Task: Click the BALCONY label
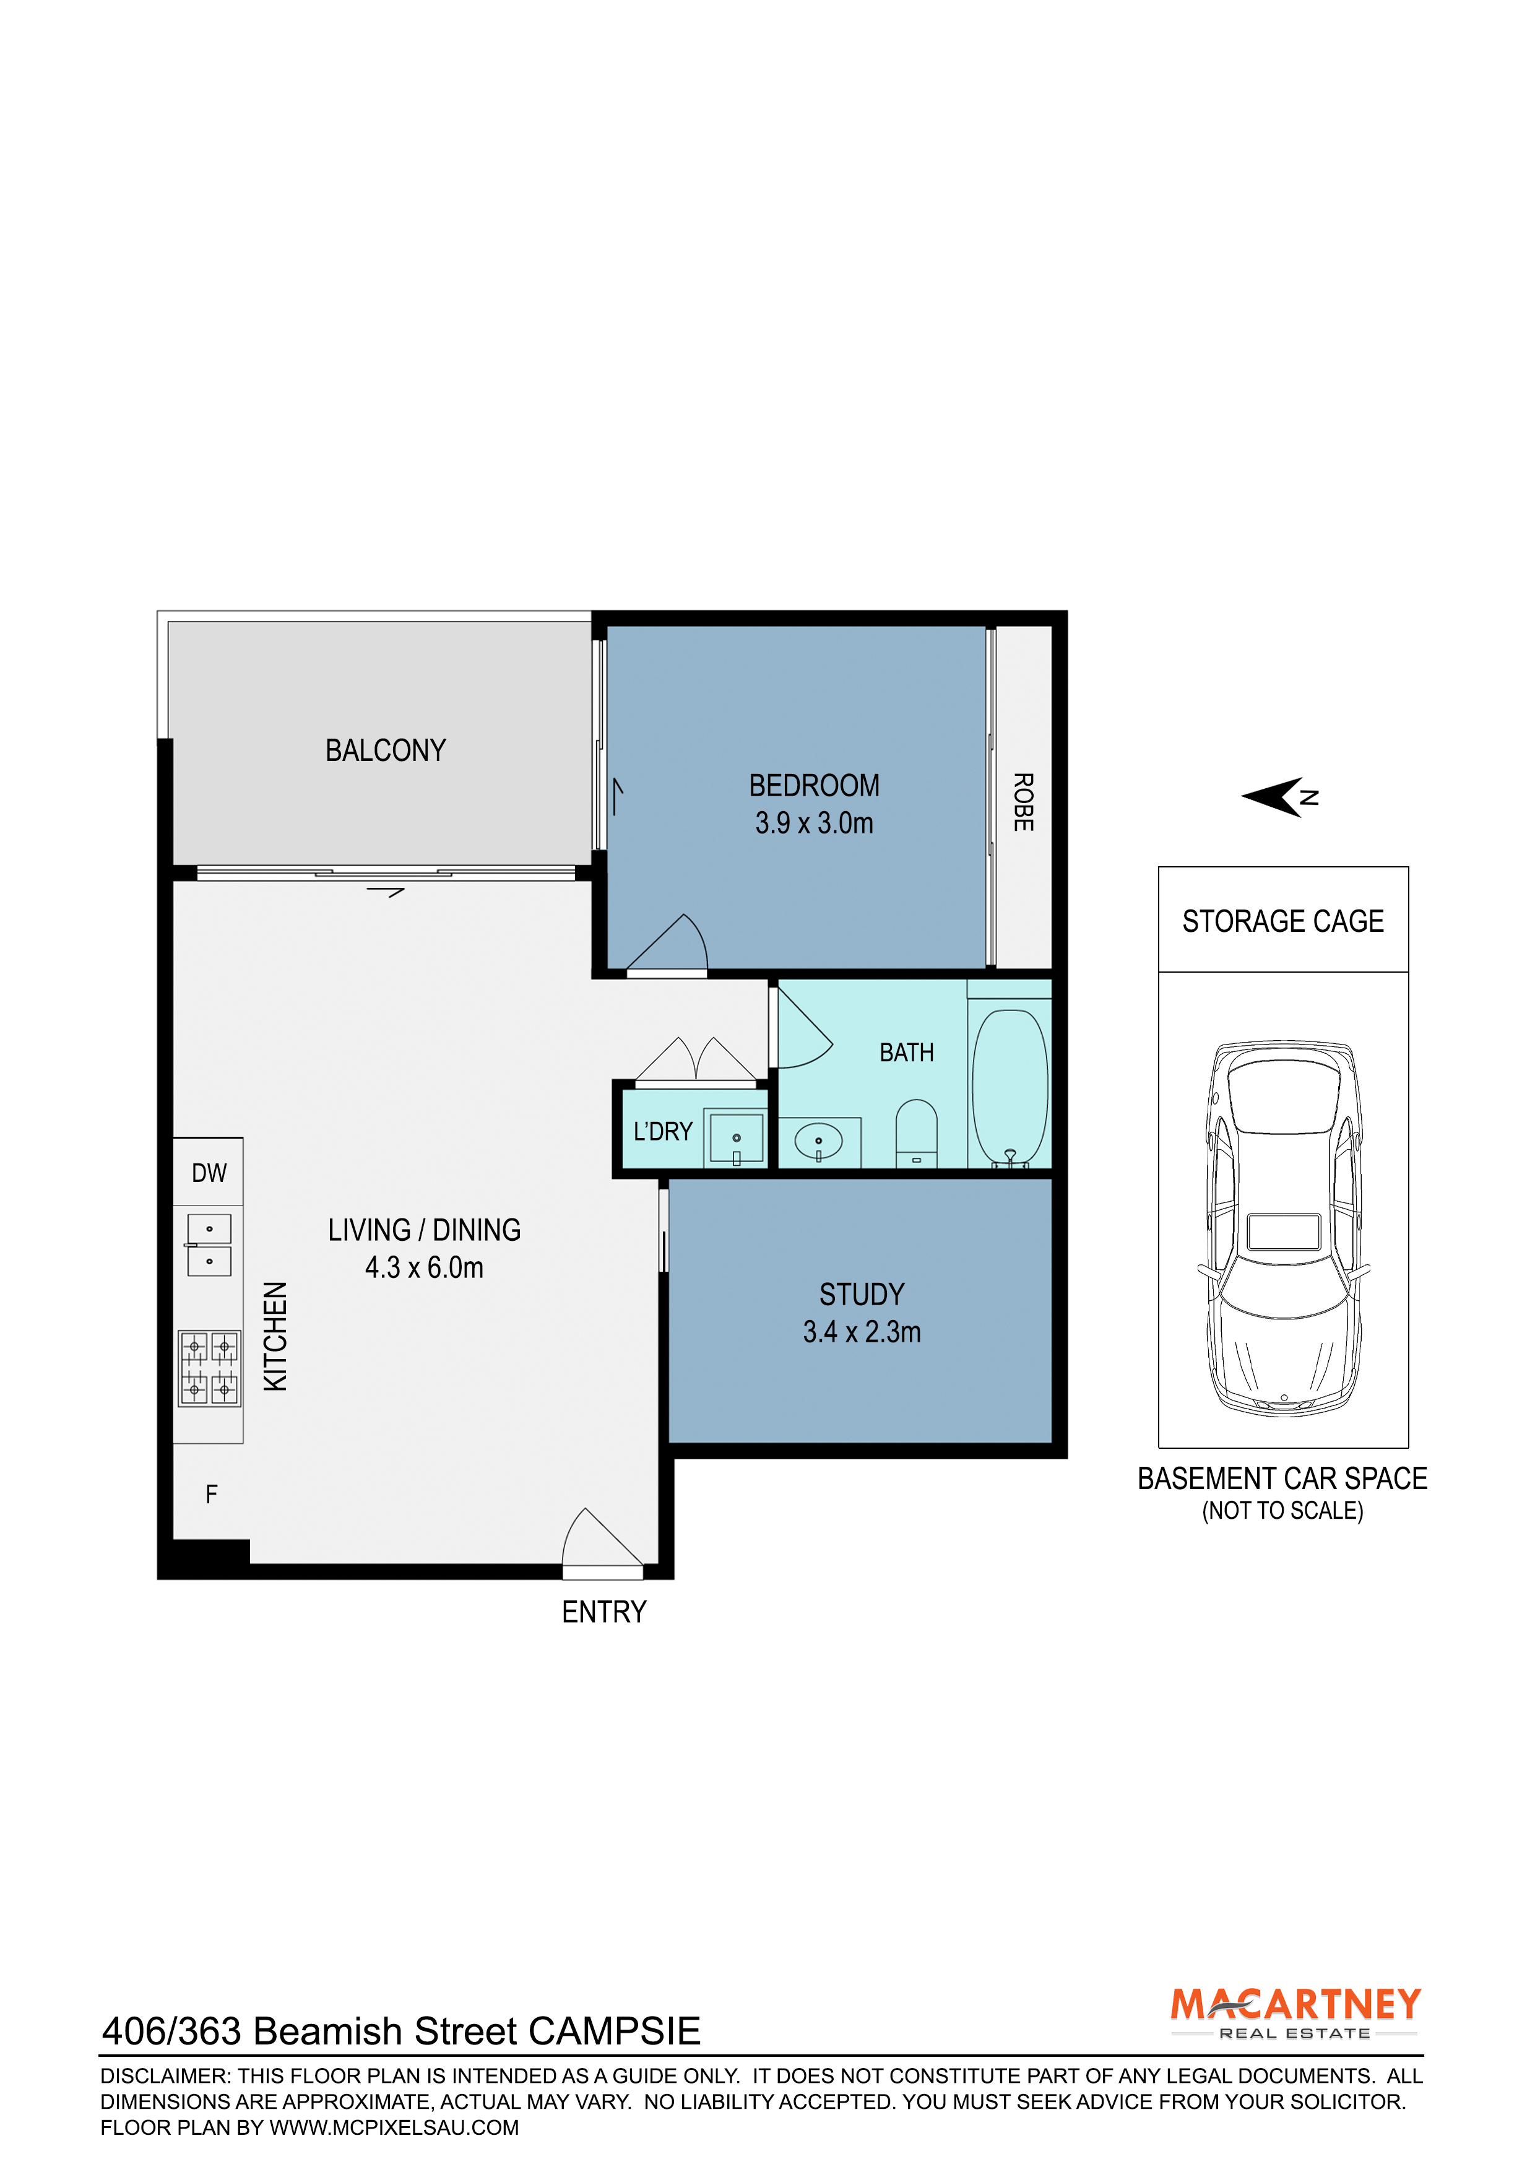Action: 385,750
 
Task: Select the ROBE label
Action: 1023,802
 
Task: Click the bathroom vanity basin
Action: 818,1142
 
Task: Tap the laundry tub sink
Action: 736,1138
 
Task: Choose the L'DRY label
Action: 663,1131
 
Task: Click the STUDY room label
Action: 862,1294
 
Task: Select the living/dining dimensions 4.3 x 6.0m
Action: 424,1267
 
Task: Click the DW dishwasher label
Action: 209,1173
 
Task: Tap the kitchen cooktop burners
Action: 209,1368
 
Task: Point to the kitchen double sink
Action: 209,1245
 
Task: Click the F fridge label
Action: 211,1494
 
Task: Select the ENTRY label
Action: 603,1612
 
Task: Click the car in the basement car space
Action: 1284,1229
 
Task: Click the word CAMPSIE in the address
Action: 614,2031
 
